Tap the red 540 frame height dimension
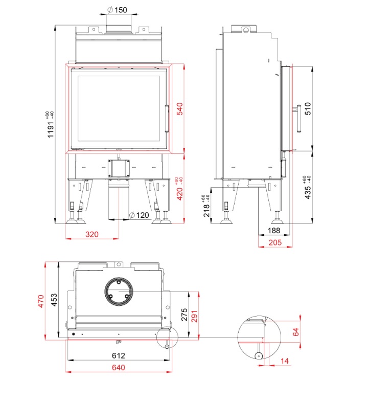tap(179, 109)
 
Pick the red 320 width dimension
tap(92, 234)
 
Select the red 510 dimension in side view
tap(307, 109)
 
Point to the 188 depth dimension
tap(274, 231)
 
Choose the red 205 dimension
tap(274, 242)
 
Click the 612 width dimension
tap(119, 355)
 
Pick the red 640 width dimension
tap(119, 367)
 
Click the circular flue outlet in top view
tap(119, 292)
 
